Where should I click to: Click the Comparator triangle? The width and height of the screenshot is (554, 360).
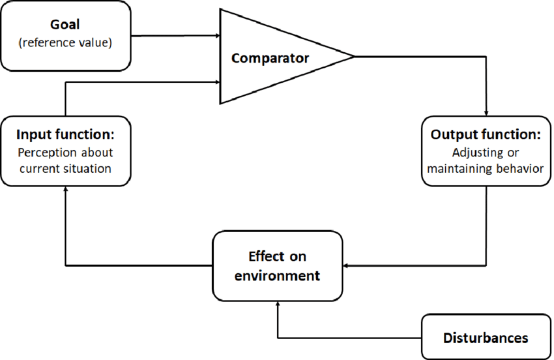pos(274,57)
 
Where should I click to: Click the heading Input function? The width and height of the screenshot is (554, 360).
pos(65,135)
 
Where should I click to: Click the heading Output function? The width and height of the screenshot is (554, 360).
pos(486,135)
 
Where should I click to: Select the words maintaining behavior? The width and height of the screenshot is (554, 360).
pos(486,169)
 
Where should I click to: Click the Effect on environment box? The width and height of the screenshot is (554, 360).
pos(278,265)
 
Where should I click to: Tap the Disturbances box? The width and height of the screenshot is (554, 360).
pos(486,338)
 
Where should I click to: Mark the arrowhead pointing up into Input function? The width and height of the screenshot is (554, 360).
pos(66,187)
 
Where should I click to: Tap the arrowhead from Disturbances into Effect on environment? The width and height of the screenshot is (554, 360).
pos(278,303)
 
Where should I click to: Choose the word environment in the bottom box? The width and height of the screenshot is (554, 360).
pos(278,275)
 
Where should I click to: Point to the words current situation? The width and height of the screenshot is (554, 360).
pos(65,169)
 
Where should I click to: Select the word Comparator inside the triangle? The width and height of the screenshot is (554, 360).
pos(270,58)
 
